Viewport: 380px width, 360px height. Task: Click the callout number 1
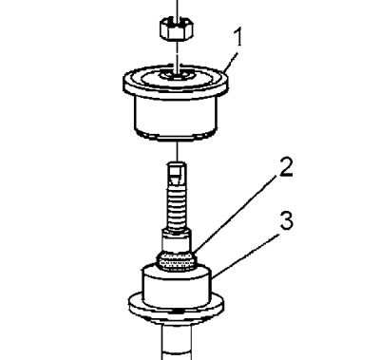coord(237,37)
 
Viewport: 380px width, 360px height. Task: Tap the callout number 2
coord(286,166)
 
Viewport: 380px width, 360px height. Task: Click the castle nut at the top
coord(177,29)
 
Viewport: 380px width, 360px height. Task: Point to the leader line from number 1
coord(231,61)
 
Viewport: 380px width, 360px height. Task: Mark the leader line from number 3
coord(244,256)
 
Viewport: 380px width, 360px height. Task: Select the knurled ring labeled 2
coord(177,261)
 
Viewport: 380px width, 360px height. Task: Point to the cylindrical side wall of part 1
coord(176,118)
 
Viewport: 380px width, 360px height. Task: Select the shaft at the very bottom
coord(176,342)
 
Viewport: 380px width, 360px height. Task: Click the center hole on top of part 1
coord(176,76)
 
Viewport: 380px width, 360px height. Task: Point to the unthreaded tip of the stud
coord(177,173)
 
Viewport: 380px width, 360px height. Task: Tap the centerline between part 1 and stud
coord(177,151)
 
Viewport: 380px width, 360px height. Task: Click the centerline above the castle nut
coord(177,9)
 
